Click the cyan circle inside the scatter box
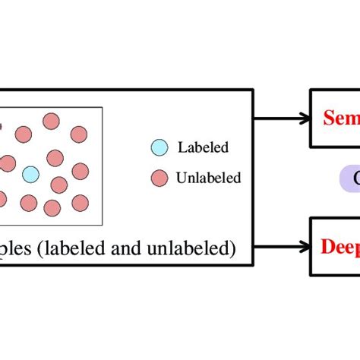(x=30, y=175)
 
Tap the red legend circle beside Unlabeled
(x=158, y=178)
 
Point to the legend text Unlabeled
(x=208, y=178)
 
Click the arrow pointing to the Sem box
(x=281, y=118)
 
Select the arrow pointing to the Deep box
(x=281, y=245)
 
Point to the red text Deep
(x=339, y=246)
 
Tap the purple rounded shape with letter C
(x=349, y=179)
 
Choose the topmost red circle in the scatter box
(x=51, y=121)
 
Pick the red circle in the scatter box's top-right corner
(x=79, y=134)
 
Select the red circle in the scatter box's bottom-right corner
(x=79, y=201)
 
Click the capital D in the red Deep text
(x=327, y=245)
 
